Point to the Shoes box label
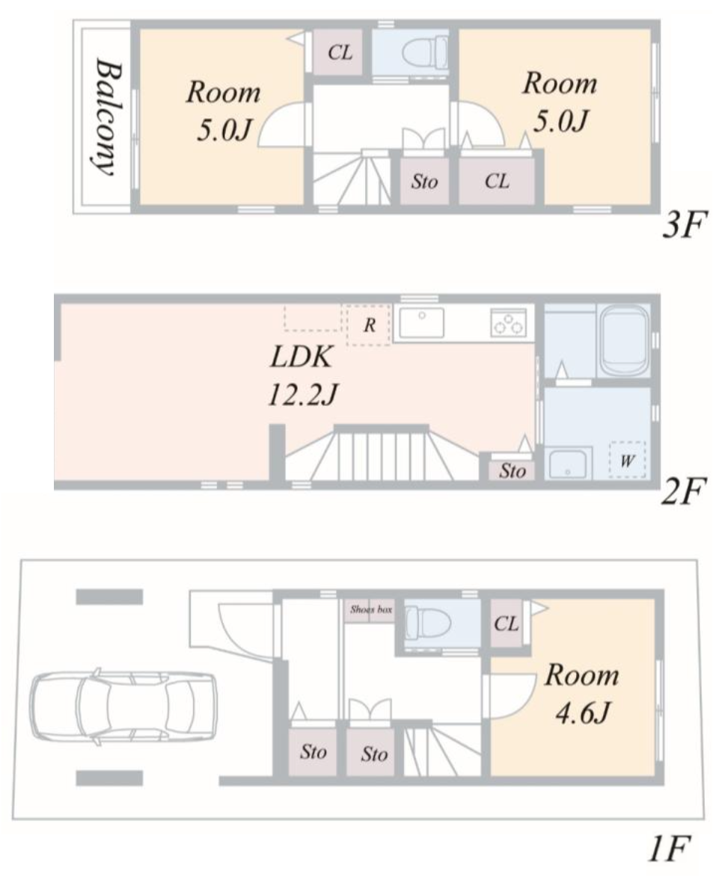coord(371,609)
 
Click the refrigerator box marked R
coord(369,325)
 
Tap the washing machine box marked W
coord(628,461)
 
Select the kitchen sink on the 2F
coord(421,323)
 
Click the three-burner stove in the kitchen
coord(508,323)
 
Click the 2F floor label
coord(682,492)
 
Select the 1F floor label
coord(668,849)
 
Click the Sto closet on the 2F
coord(512,470)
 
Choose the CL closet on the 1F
coord(506,623)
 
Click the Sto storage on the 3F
coord(424,181)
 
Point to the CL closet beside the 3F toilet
coord(340,53)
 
